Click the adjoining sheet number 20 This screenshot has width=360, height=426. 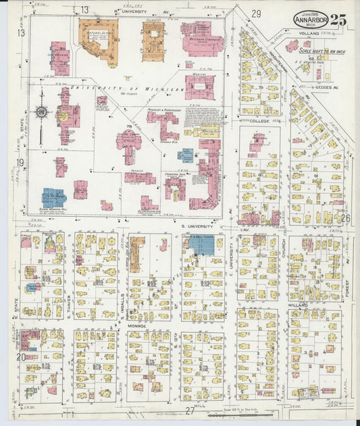point(22,356)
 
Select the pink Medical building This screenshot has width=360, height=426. point(199,86)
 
